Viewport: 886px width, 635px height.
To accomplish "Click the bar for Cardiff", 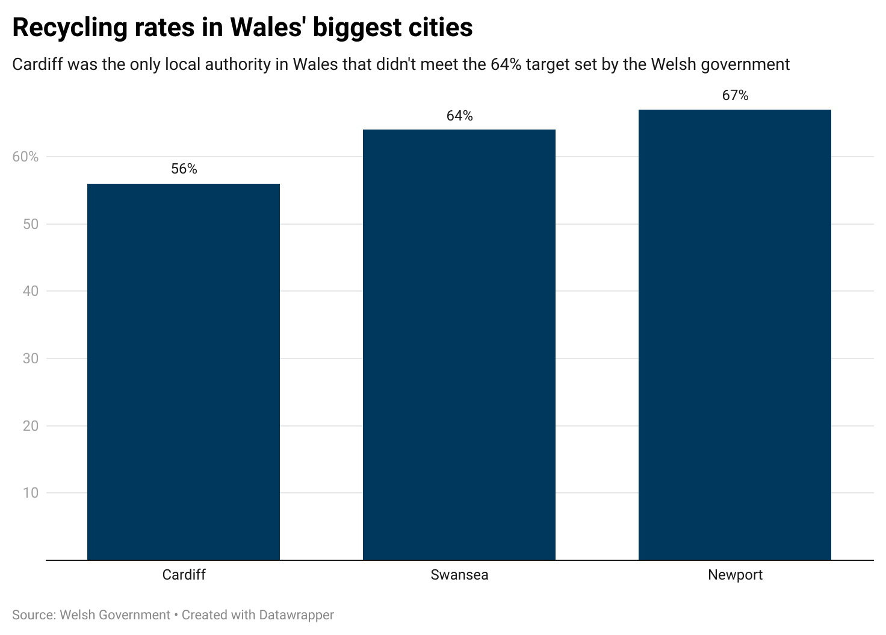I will click(184, 372).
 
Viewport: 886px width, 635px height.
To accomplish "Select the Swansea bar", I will click(459, 345).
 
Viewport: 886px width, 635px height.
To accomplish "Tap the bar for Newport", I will click(735, 335).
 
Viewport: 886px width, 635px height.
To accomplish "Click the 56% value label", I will click(184, 169).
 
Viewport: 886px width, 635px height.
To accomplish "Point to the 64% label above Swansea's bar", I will click(459, 116).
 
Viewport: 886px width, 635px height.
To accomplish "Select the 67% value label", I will click(735, 95).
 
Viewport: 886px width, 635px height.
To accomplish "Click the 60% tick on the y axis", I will click(25, 157).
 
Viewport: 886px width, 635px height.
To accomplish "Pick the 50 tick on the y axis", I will click(30, 224).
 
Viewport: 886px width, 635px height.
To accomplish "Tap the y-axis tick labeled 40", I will click(30, 291).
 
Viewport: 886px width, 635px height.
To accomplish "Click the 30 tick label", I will click(30, 358).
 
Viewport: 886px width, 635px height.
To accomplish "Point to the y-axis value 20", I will click(30, 426).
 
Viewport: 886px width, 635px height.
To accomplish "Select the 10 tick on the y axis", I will click(30, 493).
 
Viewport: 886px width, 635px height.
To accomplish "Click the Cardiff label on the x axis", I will click(184, 575).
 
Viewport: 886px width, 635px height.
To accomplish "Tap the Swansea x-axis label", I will click(459, 575).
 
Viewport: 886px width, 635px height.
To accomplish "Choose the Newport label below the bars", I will click(735, 575).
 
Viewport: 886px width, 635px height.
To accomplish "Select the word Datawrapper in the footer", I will click(296, 615).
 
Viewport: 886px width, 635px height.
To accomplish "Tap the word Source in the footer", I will click(32, 615).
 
